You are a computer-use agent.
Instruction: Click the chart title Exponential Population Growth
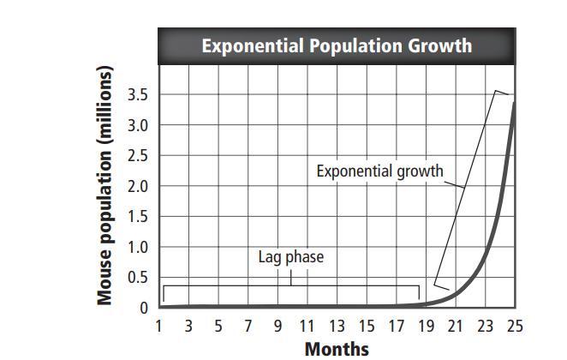point(337,45)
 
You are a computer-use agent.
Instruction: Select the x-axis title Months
point(337,348)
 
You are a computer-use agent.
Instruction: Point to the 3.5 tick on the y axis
point(137,95)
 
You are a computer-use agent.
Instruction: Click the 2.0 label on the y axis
point(137,186)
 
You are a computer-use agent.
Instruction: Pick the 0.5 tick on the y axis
point(137,277)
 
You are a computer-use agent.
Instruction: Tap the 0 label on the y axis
point(143,307)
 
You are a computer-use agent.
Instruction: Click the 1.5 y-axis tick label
point(137,216)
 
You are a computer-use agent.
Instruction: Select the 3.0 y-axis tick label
point(137,125)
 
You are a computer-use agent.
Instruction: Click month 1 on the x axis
point(159,327)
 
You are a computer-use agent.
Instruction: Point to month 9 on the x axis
point(278,327)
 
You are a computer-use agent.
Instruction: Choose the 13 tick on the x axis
point(337,327)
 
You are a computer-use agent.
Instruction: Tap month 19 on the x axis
point(426,327)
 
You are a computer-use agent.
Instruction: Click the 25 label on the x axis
point(514,327)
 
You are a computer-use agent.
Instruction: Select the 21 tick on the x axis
point(455,327)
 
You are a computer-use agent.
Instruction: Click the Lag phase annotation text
point(291,256)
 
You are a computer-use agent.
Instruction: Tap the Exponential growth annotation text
point(379,171)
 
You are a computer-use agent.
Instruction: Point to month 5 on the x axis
point(218,327)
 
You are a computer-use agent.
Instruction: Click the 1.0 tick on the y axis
point(137,247)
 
